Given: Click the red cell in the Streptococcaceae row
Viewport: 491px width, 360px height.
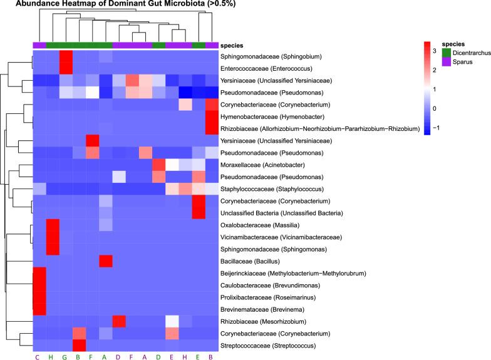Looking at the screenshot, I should coord(80,346).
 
